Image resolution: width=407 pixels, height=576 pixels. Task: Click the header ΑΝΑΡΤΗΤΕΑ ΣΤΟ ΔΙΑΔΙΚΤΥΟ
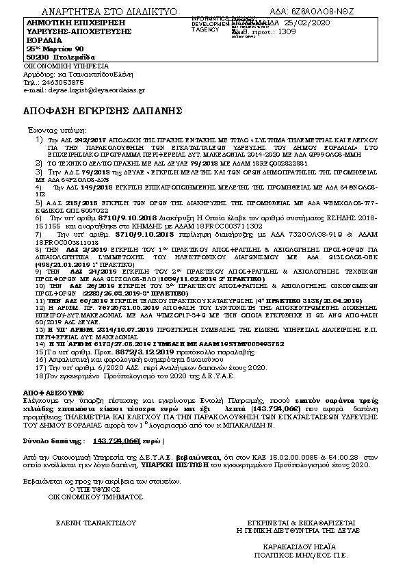coord(109,12)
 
